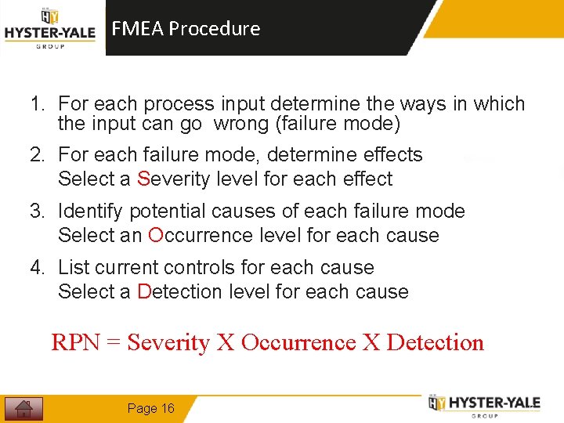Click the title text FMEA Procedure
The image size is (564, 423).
point(186,29)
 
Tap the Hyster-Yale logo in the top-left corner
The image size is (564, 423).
point(50,29)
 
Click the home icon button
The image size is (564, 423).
point(23,408)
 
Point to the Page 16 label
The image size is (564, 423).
point(150,408)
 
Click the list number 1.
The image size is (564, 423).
point(36,104)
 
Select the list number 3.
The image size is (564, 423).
point(36,211)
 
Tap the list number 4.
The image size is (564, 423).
point(36,268)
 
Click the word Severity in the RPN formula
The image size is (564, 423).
point(168,343)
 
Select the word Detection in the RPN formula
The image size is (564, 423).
point(436,343)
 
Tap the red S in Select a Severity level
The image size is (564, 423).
point(143,179)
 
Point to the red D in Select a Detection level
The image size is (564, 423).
point(143,292)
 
